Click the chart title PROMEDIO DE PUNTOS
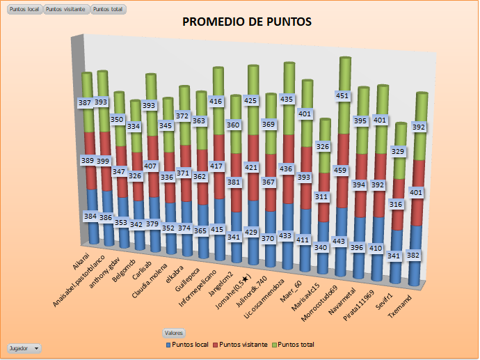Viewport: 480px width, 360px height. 247,22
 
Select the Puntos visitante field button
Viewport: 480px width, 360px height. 67,9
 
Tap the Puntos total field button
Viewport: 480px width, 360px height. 109,9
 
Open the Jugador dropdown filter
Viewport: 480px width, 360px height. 24,347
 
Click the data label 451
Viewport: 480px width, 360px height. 344,96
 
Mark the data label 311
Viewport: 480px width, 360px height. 323,197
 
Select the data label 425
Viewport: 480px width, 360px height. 252,101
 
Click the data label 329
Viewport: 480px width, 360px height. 398,151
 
